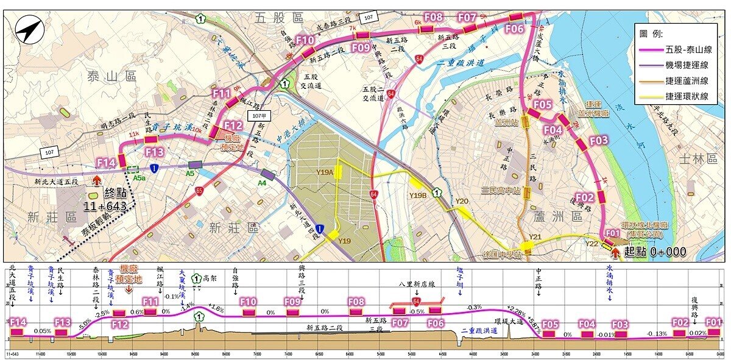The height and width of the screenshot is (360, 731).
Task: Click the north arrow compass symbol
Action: (29, 30)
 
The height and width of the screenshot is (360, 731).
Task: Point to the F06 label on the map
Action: (515, 29)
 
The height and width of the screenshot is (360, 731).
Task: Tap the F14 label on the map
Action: (106, 163)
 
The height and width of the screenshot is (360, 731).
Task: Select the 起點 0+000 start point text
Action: (655, 252)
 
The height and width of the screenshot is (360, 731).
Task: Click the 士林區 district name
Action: (697, 159)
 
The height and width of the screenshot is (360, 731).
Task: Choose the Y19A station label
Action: (325, 173)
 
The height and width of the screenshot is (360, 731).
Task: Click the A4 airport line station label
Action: (262, 182)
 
